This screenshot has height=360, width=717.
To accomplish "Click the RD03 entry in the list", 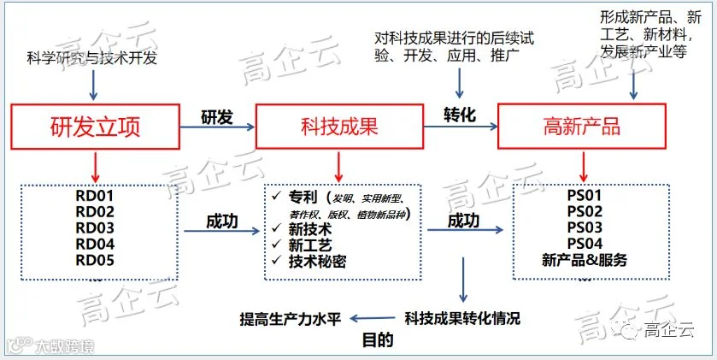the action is click(95, 227).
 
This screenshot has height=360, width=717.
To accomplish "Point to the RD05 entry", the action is click(95, 260).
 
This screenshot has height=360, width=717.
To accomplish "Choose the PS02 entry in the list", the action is click(585, 211).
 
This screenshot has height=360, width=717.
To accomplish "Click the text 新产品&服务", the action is click(585, 260).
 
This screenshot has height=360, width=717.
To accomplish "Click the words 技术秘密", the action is click(317, 261).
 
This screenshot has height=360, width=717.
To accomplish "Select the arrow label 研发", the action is click(217, 117).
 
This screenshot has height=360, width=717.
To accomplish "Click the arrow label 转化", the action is click(460, 115).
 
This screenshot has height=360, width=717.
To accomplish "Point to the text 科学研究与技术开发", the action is click(92, 58).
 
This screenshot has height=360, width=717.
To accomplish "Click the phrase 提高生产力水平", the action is click(291, 319).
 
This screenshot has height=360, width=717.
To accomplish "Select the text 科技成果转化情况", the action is click(462, 318).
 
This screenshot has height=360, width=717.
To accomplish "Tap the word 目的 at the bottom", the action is click(378, 339).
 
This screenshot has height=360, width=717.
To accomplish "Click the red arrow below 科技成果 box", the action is click(338, 167).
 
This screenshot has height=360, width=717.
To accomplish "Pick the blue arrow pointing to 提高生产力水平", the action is click(373, 318).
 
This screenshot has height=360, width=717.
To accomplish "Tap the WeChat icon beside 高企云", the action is click(630, 329).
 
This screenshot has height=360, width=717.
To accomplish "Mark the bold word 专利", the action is click(303, 198).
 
